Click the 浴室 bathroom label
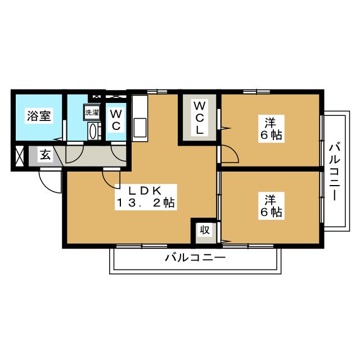coord(39,115)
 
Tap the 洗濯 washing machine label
coord(92,112)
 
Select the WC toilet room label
coord(116,119)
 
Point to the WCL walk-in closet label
coord(200,118)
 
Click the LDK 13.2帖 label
coord(146,197)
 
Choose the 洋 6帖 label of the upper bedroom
coord(271,129)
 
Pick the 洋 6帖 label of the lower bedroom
coord(271,206)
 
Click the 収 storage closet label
coord(205,229)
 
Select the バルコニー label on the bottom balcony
coord(195,258)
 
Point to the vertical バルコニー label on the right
coord(335,172)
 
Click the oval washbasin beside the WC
coord(93,132)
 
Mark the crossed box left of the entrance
coord(19,156)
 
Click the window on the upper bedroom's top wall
coord(256,92)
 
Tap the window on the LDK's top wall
coord(157,92)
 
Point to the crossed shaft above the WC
coord(116,96)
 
